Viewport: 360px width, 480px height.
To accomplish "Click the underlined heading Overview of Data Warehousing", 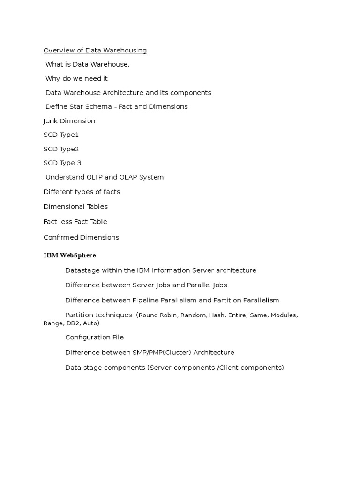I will (95, 51).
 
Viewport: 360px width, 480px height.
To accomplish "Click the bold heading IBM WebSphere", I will (70, 255).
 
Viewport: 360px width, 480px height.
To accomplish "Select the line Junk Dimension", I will (69, 121).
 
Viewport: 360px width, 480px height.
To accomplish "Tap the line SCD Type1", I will (61, 135).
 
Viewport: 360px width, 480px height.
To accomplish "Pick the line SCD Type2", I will (61, 149).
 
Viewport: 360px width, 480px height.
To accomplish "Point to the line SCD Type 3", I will (62, 163).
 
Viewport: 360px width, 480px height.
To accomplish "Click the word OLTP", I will (95, 177).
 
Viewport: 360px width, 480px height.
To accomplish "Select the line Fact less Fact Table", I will (75, 222).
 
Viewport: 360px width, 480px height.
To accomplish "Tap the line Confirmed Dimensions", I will (82, 237).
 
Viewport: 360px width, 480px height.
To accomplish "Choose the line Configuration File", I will (94, 337).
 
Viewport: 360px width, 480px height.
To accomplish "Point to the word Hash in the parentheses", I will (217, 315).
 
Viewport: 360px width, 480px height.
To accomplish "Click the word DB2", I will (72, 323).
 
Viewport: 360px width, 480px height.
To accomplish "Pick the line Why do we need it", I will (76, 79).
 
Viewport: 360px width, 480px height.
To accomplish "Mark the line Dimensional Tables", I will (75, 207).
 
